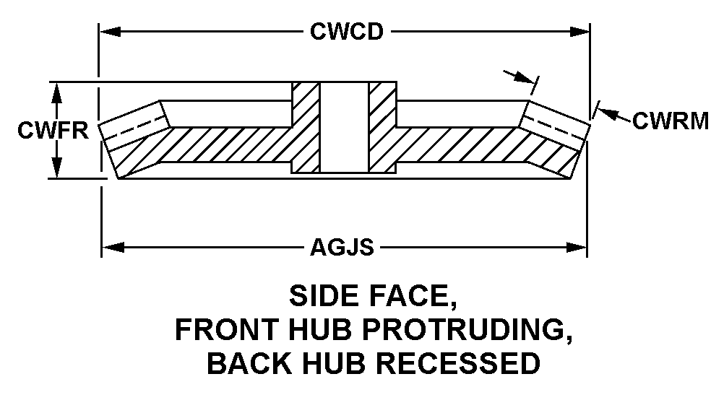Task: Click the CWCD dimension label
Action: [346, 32]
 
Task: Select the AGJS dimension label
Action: [342, 248]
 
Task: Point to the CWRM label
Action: [670, 121]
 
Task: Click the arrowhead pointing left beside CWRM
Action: [606, 114]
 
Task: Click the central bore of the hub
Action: [344, 126]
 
